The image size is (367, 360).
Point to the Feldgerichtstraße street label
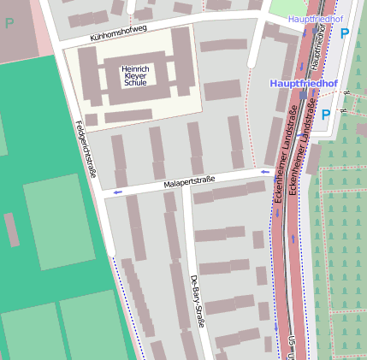(86, 150)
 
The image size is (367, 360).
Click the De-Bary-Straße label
(197, 303)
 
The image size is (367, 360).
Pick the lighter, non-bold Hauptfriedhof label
(316, 19)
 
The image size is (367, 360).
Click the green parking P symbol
(9, 24)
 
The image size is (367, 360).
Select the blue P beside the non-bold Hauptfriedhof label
(345, 33)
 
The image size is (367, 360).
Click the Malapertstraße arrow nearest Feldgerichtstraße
(117, 192)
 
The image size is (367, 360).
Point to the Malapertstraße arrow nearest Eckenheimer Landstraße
(264, 173)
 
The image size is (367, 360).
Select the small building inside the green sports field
(11, 230)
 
